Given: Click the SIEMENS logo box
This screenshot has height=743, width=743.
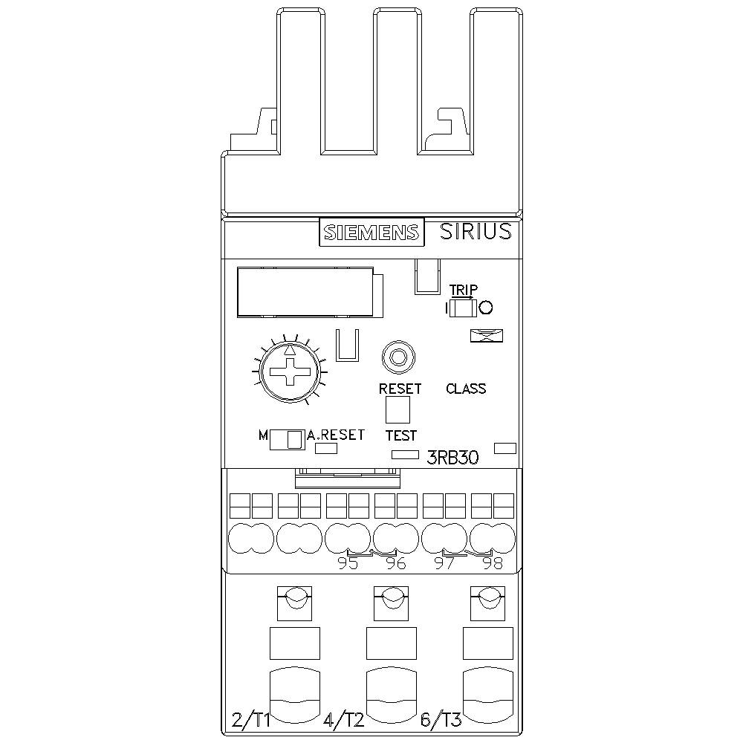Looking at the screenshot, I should coord(371,233).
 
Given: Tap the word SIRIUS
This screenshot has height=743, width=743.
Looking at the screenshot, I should coord(476,231).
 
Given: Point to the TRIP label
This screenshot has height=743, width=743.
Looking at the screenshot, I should coord(464,290).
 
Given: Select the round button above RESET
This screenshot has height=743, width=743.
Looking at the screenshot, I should coord(398,357).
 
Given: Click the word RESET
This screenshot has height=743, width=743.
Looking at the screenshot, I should coord(400,389).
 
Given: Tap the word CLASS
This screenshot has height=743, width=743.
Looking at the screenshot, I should coord(466,389).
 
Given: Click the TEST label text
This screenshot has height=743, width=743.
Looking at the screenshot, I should coord(400,435).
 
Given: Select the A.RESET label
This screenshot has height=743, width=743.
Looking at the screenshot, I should coord(336,435).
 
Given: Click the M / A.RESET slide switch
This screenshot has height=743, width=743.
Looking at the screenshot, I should coord(286,439).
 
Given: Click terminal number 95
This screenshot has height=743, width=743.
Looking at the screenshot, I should coord(348,564).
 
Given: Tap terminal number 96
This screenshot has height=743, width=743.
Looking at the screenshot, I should coord(396,564).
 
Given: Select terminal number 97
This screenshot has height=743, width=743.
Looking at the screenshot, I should coord(444,564).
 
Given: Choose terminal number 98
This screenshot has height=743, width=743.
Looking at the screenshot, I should coord(492,564).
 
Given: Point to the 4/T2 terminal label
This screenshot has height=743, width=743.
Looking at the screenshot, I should coord(343,719).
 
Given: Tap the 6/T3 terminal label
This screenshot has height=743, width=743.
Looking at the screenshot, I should coord(441,719).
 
